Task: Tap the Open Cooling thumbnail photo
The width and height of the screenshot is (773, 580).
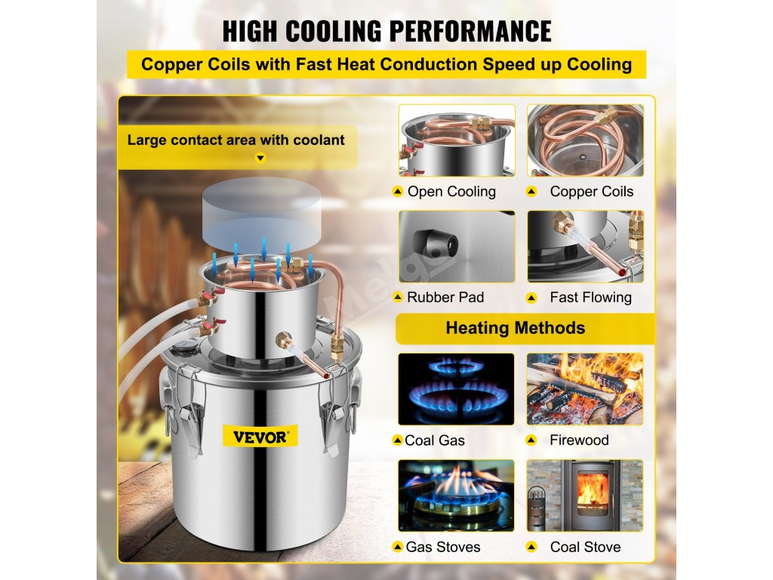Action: click(457, 140)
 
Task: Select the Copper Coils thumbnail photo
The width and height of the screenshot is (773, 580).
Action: click(585, 140)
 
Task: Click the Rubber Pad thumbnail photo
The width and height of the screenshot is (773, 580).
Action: click(457, 246)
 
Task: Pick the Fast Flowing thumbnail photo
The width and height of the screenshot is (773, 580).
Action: click(585, 246)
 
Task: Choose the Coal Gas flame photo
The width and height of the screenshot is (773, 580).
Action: click(457, 388)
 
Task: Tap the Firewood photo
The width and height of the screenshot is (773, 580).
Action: click(585, 388)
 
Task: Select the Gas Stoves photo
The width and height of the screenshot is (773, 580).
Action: click(457, 495)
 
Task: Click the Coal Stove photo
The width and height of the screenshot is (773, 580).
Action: click(585, 495)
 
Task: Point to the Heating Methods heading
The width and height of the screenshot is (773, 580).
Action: click(515, 328)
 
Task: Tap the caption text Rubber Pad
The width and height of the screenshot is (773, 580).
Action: click(445, 298)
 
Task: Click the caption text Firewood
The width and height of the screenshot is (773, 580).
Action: click(579, 440)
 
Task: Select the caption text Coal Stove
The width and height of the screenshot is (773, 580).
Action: click(585, 547)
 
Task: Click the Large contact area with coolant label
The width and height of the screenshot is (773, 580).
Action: click(236, 140)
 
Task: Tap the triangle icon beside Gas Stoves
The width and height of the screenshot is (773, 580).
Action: click(397, 547)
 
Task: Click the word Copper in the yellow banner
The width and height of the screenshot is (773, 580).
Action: click(171, 64)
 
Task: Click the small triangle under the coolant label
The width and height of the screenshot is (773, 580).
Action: click(260, 159)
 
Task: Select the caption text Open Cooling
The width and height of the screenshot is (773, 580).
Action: click(451, 192)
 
